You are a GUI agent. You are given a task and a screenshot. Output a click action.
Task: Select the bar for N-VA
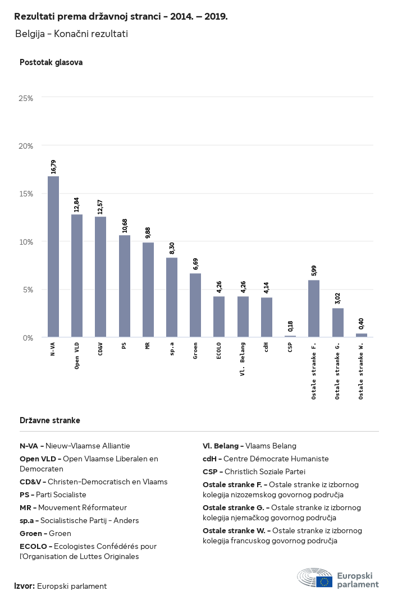point(53,257)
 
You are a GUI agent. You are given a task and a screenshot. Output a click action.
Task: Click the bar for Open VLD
point(77,276)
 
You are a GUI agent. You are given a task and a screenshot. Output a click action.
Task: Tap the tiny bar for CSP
point(290,336)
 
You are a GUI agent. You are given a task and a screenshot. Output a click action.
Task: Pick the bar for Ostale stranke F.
point(314,308)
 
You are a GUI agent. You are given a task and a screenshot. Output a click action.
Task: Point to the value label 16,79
point(53,167)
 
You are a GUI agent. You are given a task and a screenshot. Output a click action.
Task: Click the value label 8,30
point(172,248)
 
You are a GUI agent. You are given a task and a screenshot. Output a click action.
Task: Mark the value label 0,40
point(361,324)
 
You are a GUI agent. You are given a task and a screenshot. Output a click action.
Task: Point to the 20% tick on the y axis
point(26,146)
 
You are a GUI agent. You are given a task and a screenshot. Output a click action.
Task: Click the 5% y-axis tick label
point(28,290)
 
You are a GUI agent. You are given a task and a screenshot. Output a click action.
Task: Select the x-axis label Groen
point(195,350)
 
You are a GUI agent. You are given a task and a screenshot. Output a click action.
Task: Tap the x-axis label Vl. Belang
point(243,359)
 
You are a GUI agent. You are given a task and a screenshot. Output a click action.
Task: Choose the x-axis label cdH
point(266,347)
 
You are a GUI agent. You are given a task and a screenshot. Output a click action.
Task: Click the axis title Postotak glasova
point(51,62)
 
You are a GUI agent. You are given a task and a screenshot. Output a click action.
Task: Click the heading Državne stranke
point(50,420)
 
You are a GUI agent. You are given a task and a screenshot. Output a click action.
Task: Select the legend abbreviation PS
point(25,495)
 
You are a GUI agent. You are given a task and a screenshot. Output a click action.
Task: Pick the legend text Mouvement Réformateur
point(83,507)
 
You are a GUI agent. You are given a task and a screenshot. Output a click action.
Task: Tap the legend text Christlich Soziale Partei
point(265,471)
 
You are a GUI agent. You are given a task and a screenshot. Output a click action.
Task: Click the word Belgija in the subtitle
point(29,34)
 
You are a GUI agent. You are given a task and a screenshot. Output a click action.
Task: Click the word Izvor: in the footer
point(25,586)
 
